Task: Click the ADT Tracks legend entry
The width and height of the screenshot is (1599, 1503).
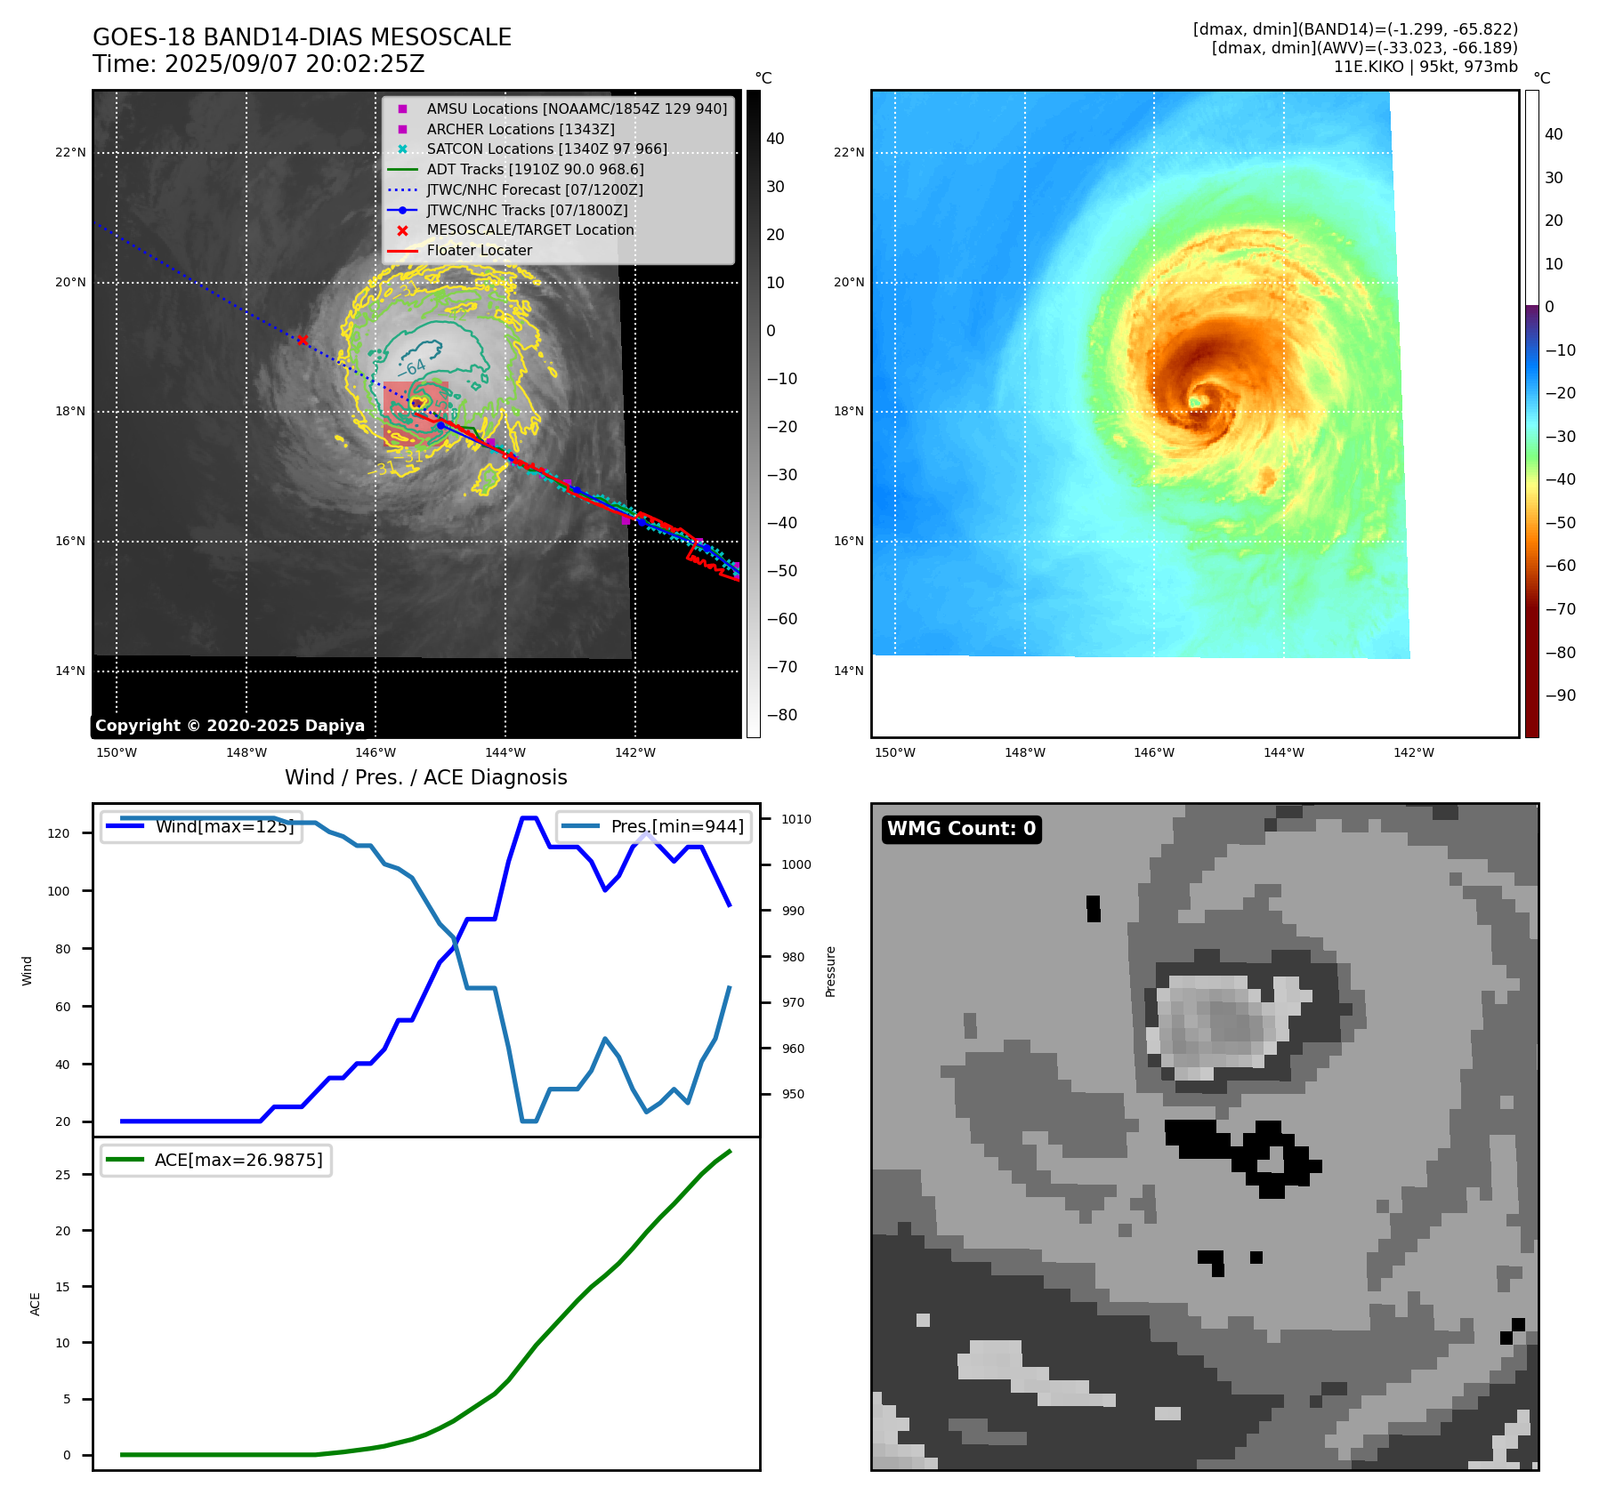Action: pos(535,169)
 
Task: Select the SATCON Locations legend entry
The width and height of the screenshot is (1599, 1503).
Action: pos(546,149)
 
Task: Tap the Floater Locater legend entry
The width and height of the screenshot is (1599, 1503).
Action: pos(479,250)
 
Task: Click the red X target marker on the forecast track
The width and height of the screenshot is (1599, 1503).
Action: pos(303,340)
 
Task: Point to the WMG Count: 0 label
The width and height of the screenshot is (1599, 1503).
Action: pos(961,829)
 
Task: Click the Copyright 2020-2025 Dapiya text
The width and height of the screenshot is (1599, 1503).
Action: pos(230,726)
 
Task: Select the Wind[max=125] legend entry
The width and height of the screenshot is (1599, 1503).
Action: pos(223,826)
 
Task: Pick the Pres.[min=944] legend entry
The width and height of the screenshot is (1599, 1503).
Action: pos(676,826)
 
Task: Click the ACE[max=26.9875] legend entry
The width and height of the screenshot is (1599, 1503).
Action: pos(238,1160)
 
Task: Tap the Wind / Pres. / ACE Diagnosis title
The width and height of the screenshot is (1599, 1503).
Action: pos(425,777)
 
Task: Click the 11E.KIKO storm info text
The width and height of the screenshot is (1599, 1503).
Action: pos(1425,67)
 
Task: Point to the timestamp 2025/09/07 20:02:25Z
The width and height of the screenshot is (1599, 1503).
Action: pos(295,65)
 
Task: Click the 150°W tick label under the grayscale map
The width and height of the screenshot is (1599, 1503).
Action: pos(117,752)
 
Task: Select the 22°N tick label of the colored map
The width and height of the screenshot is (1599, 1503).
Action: pos(848,152)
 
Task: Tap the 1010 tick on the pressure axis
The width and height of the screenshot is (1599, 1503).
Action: pos(796,819)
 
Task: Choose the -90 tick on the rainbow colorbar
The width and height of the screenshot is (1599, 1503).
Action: pos(1560,695)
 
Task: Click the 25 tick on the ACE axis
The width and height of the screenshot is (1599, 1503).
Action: pos(62,1175)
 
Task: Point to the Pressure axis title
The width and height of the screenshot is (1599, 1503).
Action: pos(830,971)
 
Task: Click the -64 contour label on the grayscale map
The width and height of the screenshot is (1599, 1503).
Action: pos(414,366)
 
